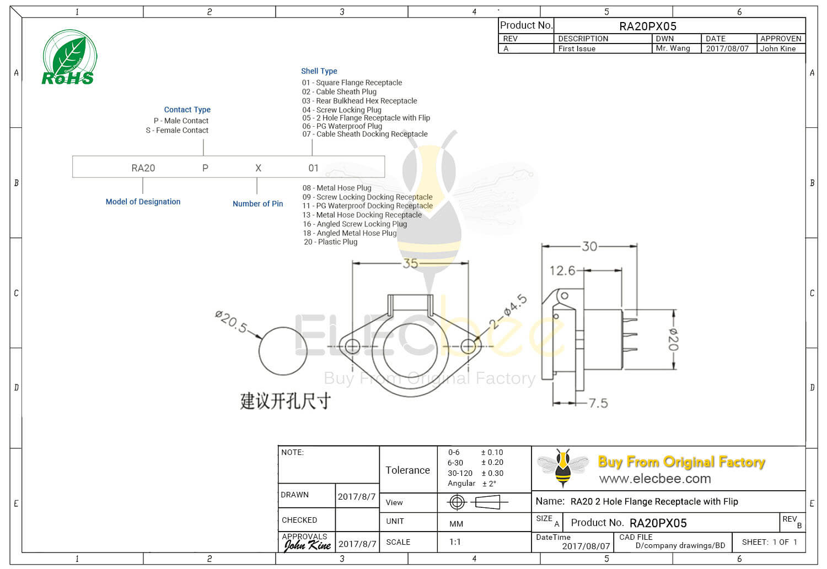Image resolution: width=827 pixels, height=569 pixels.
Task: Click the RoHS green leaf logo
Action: point(69,58)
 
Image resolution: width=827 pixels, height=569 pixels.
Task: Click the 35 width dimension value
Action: point(410,263)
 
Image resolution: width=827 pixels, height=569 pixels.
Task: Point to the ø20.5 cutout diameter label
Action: point(231,322)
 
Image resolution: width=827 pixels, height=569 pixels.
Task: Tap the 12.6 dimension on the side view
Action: point(562,270)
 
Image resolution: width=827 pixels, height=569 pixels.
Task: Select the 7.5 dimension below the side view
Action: point(598,403)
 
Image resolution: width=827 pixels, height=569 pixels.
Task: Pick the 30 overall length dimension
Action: point(589,246)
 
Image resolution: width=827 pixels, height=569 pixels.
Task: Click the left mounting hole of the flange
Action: point(352,346)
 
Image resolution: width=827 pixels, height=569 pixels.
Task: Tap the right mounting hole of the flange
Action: point(468,346)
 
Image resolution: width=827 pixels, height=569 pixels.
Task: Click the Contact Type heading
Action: point(187,110)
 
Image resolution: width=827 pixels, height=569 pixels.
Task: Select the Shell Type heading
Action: point(319,71)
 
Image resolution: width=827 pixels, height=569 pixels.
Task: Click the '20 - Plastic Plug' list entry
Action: point(330,242)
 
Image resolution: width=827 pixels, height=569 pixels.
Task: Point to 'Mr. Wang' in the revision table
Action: point(673,48)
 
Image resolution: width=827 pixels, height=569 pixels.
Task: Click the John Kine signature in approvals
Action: point(307,545)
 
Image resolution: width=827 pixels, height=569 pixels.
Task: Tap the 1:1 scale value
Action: point(455,542)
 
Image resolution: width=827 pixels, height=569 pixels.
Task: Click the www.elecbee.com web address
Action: point(655,479)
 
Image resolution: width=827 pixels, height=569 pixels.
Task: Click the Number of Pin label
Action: point(257,204)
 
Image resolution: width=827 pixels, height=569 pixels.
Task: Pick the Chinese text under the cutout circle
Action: point(285,401)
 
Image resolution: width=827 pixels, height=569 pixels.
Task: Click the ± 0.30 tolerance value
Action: point(492,473)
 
